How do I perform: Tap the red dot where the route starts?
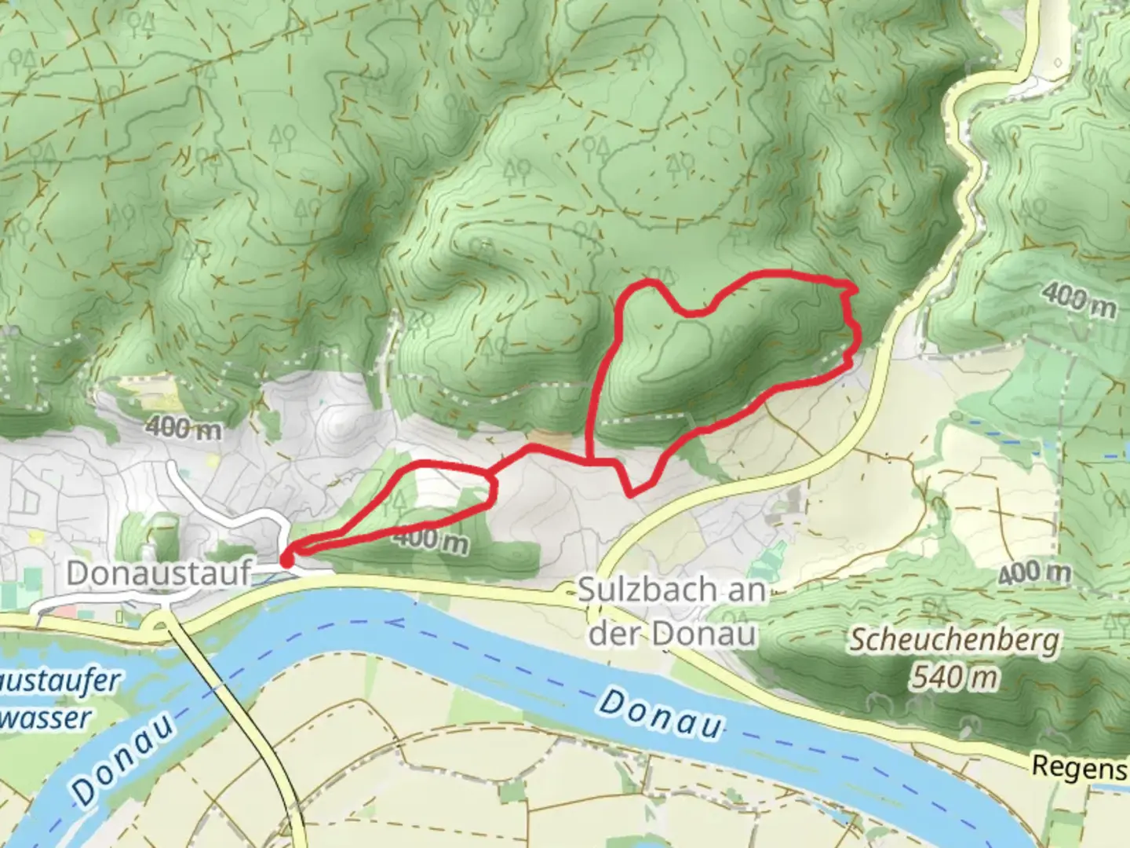(x=286, y=560)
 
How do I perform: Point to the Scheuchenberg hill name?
(x=953, y=641)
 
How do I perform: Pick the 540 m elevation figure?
(x=954, y=676)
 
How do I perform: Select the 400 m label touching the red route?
(x=430, y=540)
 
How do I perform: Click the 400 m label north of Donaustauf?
(x=183, y=428)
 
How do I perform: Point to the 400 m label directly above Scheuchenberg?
(x=1034, y=573)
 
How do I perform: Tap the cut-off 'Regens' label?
(x=1080, y=766)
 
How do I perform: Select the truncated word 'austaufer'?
(x=60, y=680)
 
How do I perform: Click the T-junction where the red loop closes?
(x=590, y=462)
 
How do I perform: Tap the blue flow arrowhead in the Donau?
(x=389, y=623)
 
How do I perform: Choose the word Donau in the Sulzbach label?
(x=713, y=634)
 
